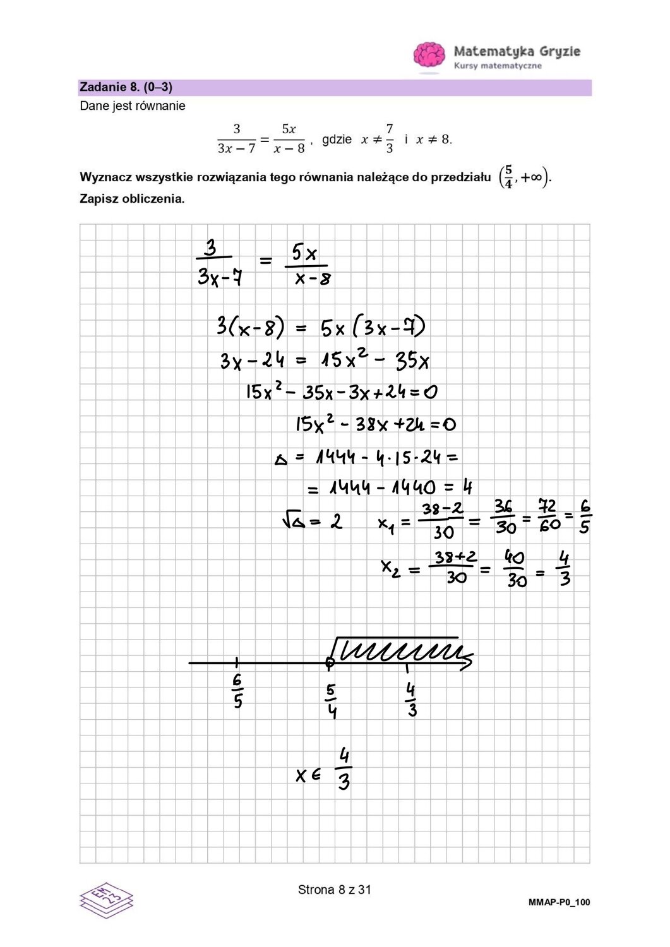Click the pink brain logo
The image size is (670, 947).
[x=431, y=54]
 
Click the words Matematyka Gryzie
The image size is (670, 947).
[x=517, y=51]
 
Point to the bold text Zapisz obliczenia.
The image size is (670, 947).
[x=132, y=198]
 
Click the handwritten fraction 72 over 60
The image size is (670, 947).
[x=547, y=515]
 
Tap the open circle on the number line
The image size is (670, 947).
[x=330, y=662]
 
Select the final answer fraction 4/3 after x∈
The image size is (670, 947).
[x=344, y=769]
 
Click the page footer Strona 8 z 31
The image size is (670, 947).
[x=335, y=890]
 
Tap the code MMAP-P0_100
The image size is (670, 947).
[x=559, y=903]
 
